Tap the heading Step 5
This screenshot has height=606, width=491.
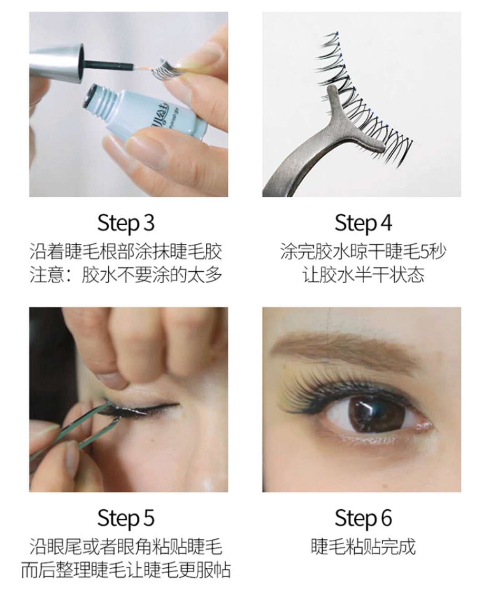[126, 518]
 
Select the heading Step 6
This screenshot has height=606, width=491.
[363, 518]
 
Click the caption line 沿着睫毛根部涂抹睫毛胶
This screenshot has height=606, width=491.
[126, 252]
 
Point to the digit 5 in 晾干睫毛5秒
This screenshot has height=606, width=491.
[425, 252]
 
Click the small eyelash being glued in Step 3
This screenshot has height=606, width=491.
[165, 70]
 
